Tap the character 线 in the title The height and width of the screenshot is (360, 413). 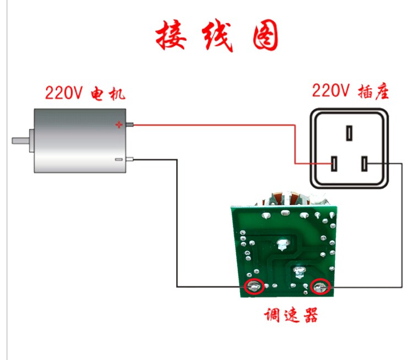pos(218,35)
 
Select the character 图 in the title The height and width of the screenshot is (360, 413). pos(265,35)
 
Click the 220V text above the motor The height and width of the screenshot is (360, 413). pos(64,93)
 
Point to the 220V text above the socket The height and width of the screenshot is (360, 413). pos(330,90)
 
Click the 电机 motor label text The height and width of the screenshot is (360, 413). pos(108,94)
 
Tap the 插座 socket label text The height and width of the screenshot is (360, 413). pos(373,92)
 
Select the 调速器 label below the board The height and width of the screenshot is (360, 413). pos(291,315)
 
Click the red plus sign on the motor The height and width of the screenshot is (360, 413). pos(119,125)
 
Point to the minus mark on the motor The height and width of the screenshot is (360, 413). pos(119,159)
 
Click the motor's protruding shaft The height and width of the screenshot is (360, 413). pos(20,141)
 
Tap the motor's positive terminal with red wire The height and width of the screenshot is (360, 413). pos(129,125)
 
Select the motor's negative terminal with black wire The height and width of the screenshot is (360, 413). pos(129,159)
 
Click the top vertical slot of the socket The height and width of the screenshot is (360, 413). pos(349,133)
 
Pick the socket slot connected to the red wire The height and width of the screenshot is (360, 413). pos(334,164)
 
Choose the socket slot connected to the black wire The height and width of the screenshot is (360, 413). pos(365,164)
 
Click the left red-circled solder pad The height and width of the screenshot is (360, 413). pos(254,287)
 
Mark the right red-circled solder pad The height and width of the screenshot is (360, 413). pos(320,287)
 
